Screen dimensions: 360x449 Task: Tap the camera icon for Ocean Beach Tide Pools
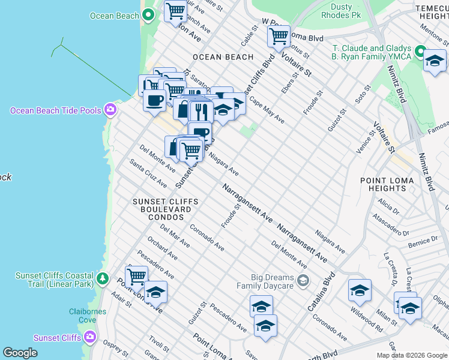point(110,110)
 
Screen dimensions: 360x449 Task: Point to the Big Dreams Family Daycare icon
point(304,280)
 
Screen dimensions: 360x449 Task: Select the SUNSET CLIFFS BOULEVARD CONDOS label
point(161,209)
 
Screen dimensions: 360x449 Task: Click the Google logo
point(20,353)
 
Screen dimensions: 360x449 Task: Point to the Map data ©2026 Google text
point(411,355)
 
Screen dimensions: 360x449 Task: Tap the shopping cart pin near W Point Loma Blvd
point(279,37)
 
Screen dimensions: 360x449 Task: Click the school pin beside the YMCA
point(435,61)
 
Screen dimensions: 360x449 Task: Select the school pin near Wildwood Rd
point(360,291)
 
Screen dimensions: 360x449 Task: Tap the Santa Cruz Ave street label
point(148,173)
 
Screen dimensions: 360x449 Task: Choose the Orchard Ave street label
point(162,251)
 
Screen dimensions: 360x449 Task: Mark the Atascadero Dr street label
point(390,224)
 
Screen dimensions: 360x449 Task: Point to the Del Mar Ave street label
point(175,236)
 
